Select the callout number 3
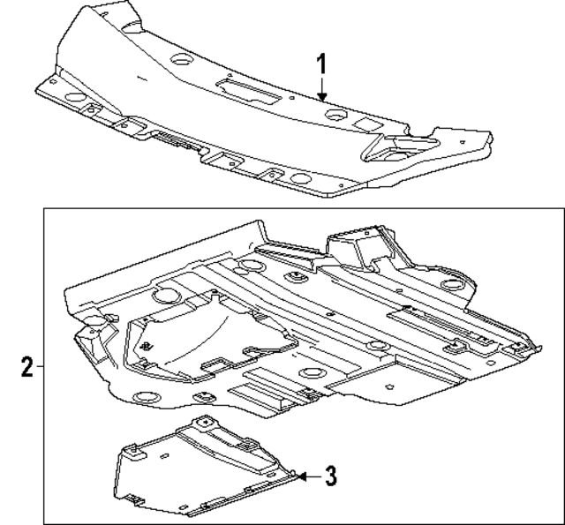(x=328, y=476)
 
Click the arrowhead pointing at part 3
(x=300, y=476)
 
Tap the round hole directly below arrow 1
(x=336, y=115)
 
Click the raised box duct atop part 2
(x=358, y=247)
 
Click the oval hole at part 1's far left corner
(x=74, y=96)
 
